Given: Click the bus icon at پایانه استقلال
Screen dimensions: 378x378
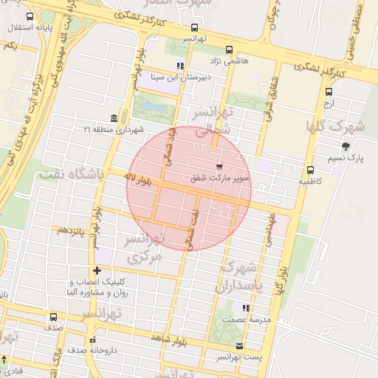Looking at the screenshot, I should tap(30, 17).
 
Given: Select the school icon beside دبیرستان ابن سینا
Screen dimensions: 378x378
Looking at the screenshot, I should tap(180, 66).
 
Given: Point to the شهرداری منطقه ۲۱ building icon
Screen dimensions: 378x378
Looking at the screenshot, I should tap(113, 119).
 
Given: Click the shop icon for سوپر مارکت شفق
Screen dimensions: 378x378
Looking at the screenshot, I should tap(219, 167).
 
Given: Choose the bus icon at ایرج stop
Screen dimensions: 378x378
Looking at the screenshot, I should tap(329, 92).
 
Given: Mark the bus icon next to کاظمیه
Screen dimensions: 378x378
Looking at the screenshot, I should tap(310, 170).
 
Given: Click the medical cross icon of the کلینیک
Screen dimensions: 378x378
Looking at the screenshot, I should tap(97, 271).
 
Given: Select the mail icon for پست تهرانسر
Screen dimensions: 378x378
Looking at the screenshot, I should tap(238, 346).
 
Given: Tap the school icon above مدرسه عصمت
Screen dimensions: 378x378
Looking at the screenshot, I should tap(246, 309).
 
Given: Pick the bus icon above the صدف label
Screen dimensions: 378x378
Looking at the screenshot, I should tap(53, 317).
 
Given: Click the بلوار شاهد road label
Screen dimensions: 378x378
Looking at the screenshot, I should tap(171, 337).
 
